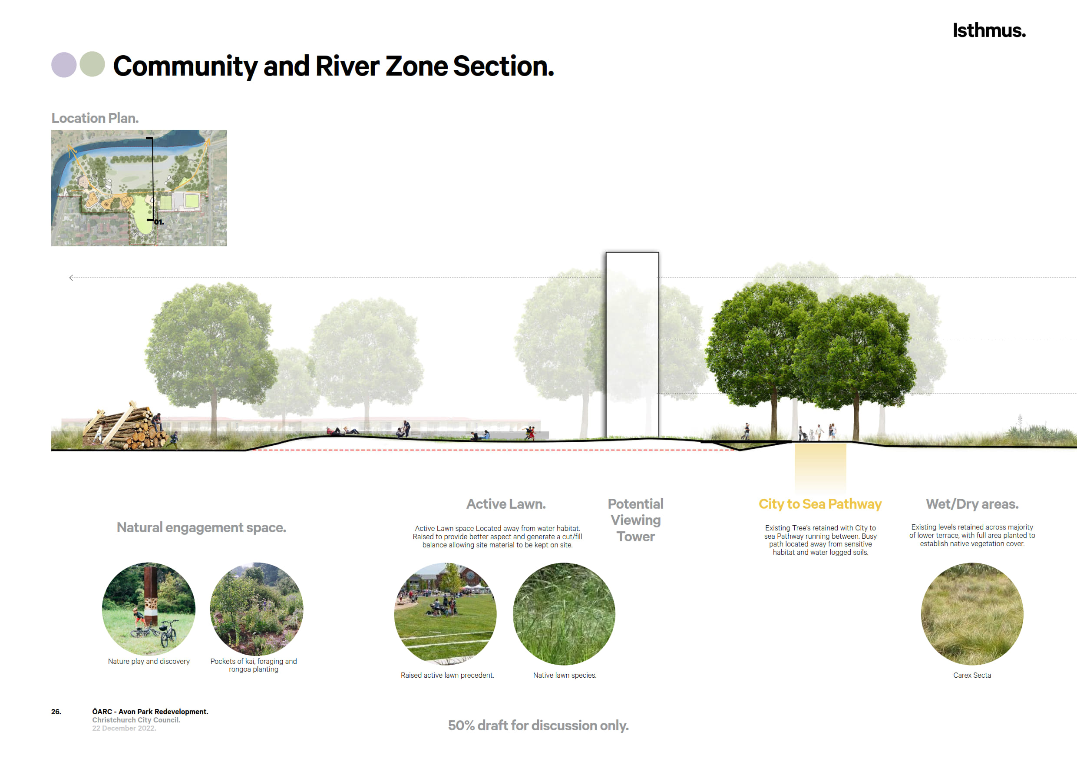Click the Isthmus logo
[x=989, y=30]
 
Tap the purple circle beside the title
[x=64, y=64]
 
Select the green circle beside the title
[x=93, y=64]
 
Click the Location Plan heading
[x=95, y=118]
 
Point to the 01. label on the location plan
[x=159, y=222]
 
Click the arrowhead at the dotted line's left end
[x=71, y=278]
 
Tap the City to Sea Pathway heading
[x=820, y=504]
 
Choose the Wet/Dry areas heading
[x=972, y=504]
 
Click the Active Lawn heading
[x=505, y=504]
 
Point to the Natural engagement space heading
[x=201, y=527]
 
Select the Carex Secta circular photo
[x=972, y=614]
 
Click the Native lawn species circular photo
[x=564, y=614]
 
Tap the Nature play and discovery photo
[x=149, y=609]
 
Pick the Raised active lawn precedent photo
[x=445, y=614]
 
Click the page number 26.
[x=56, y=712]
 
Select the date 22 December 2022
[x=124, y=728]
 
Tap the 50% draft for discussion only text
[x=538, y=726]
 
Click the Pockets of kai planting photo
[x=257, y=609]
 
